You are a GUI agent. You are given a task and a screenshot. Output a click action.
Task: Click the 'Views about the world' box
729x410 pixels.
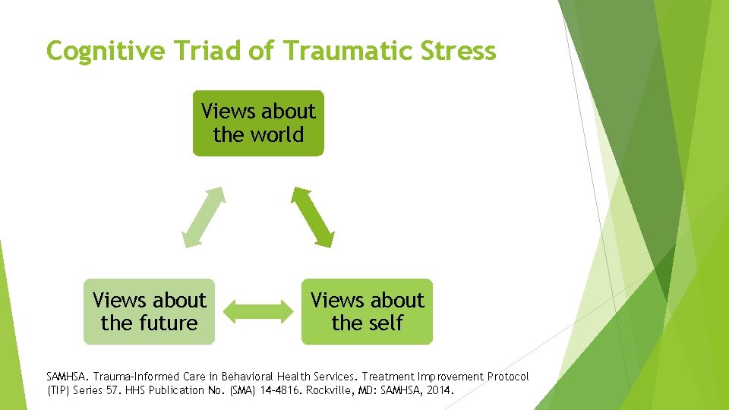tap(258, 123)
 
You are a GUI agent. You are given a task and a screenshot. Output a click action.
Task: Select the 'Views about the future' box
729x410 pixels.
tap(149, 311)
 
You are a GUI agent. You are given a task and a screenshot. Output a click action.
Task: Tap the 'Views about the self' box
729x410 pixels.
tap(367, 311)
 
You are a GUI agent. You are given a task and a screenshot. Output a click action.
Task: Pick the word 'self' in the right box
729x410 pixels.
tap(384, 323)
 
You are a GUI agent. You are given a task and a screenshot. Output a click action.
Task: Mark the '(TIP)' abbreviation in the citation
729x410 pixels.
tap(58, 391)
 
